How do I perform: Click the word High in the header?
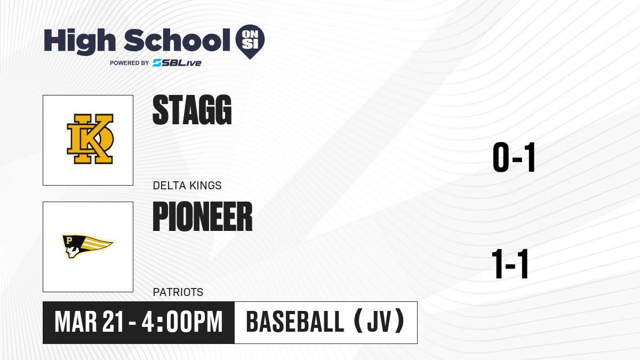[79, 41]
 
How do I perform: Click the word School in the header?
[177, 39]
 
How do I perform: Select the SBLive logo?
[177, 63]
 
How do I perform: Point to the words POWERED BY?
[130, 63]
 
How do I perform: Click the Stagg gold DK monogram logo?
[90, 139]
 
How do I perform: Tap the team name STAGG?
[192, 110]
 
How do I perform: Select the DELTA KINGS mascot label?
[187, 186]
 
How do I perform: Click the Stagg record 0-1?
[514, 157]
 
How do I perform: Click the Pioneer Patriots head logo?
[87, 246]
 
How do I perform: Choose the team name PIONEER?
[203, 217]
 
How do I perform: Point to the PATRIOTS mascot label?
[178, 292]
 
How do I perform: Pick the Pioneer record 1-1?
[510, 263]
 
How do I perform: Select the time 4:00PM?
[182, 322]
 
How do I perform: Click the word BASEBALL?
[295, 322]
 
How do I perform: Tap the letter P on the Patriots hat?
[69, 240]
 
